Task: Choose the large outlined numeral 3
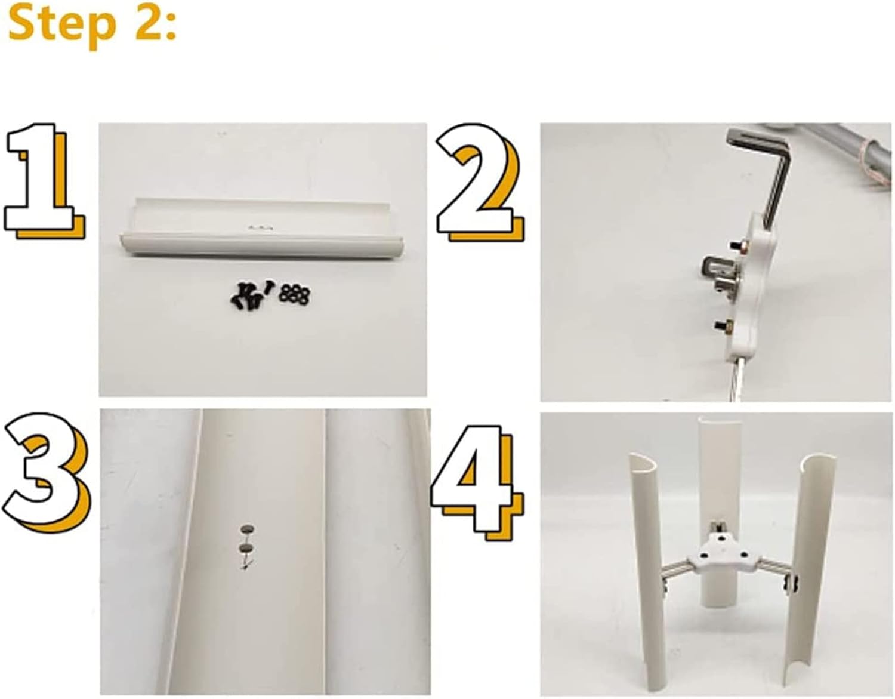coord(47,474)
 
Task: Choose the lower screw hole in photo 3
coord(246,548)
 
